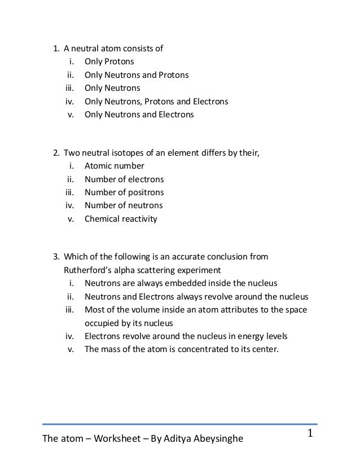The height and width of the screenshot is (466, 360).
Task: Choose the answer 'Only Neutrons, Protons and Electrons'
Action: [x=156, y=102]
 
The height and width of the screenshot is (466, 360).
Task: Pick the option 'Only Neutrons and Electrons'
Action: [x=139, y=115]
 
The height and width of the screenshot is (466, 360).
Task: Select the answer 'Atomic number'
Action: [x=114, y=166]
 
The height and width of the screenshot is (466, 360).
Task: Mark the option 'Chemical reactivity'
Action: [x=121, y=219]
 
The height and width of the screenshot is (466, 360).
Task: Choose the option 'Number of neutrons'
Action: [x=123, y=205]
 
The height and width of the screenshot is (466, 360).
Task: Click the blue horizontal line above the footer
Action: [x=180, y=423]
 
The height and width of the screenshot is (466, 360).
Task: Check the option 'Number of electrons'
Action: [x=124, y=179]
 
